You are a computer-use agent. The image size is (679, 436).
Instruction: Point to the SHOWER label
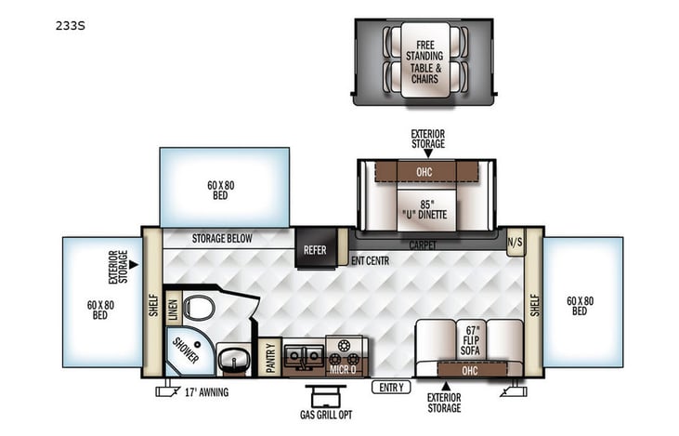click(184, 351)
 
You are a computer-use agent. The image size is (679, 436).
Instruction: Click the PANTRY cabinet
click(270, 358)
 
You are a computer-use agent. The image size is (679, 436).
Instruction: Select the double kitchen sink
click(305, 353)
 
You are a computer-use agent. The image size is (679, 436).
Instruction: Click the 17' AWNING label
click(205, 391)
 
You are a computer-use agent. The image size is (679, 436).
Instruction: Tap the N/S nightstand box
click(515, 243)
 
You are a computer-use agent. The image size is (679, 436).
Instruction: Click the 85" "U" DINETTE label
click(426, 209)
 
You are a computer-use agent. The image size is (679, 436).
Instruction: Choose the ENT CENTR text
click(369, 260)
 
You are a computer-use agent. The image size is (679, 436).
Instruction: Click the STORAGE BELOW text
click(221, 239)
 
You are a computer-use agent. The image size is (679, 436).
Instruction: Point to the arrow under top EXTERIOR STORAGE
click(428, 152)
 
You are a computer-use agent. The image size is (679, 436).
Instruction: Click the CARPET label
click(426, 245)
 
